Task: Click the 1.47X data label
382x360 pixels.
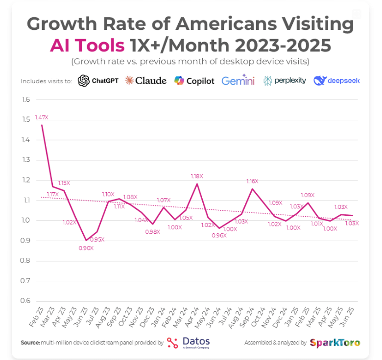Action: click(42, 118)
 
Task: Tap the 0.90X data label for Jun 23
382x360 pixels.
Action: click(86, 248)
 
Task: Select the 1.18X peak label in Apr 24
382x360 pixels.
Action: click(197, 176)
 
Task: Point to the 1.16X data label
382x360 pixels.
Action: click(253, 181)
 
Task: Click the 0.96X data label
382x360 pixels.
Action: click(219, 235)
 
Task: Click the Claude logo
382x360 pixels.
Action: click(145, 81)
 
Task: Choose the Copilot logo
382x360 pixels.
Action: click(194, 81)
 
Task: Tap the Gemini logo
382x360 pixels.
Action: click(238, 81)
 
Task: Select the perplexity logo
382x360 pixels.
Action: click(285, 81)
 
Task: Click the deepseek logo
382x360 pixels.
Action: click(337, 81)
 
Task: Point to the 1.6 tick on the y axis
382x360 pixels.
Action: click(25, 100)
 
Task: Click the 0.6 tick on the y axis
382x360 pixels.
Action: click(25, 301)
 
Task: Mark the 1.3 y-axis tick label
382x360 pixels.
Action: click(25, 160)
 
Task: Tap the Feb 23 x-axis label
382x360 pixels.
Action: click(36, 318)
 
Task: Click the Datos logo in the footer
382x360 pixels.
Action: click(189, 342)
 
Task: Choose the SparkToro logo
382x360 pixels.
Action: click(335, 343)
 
